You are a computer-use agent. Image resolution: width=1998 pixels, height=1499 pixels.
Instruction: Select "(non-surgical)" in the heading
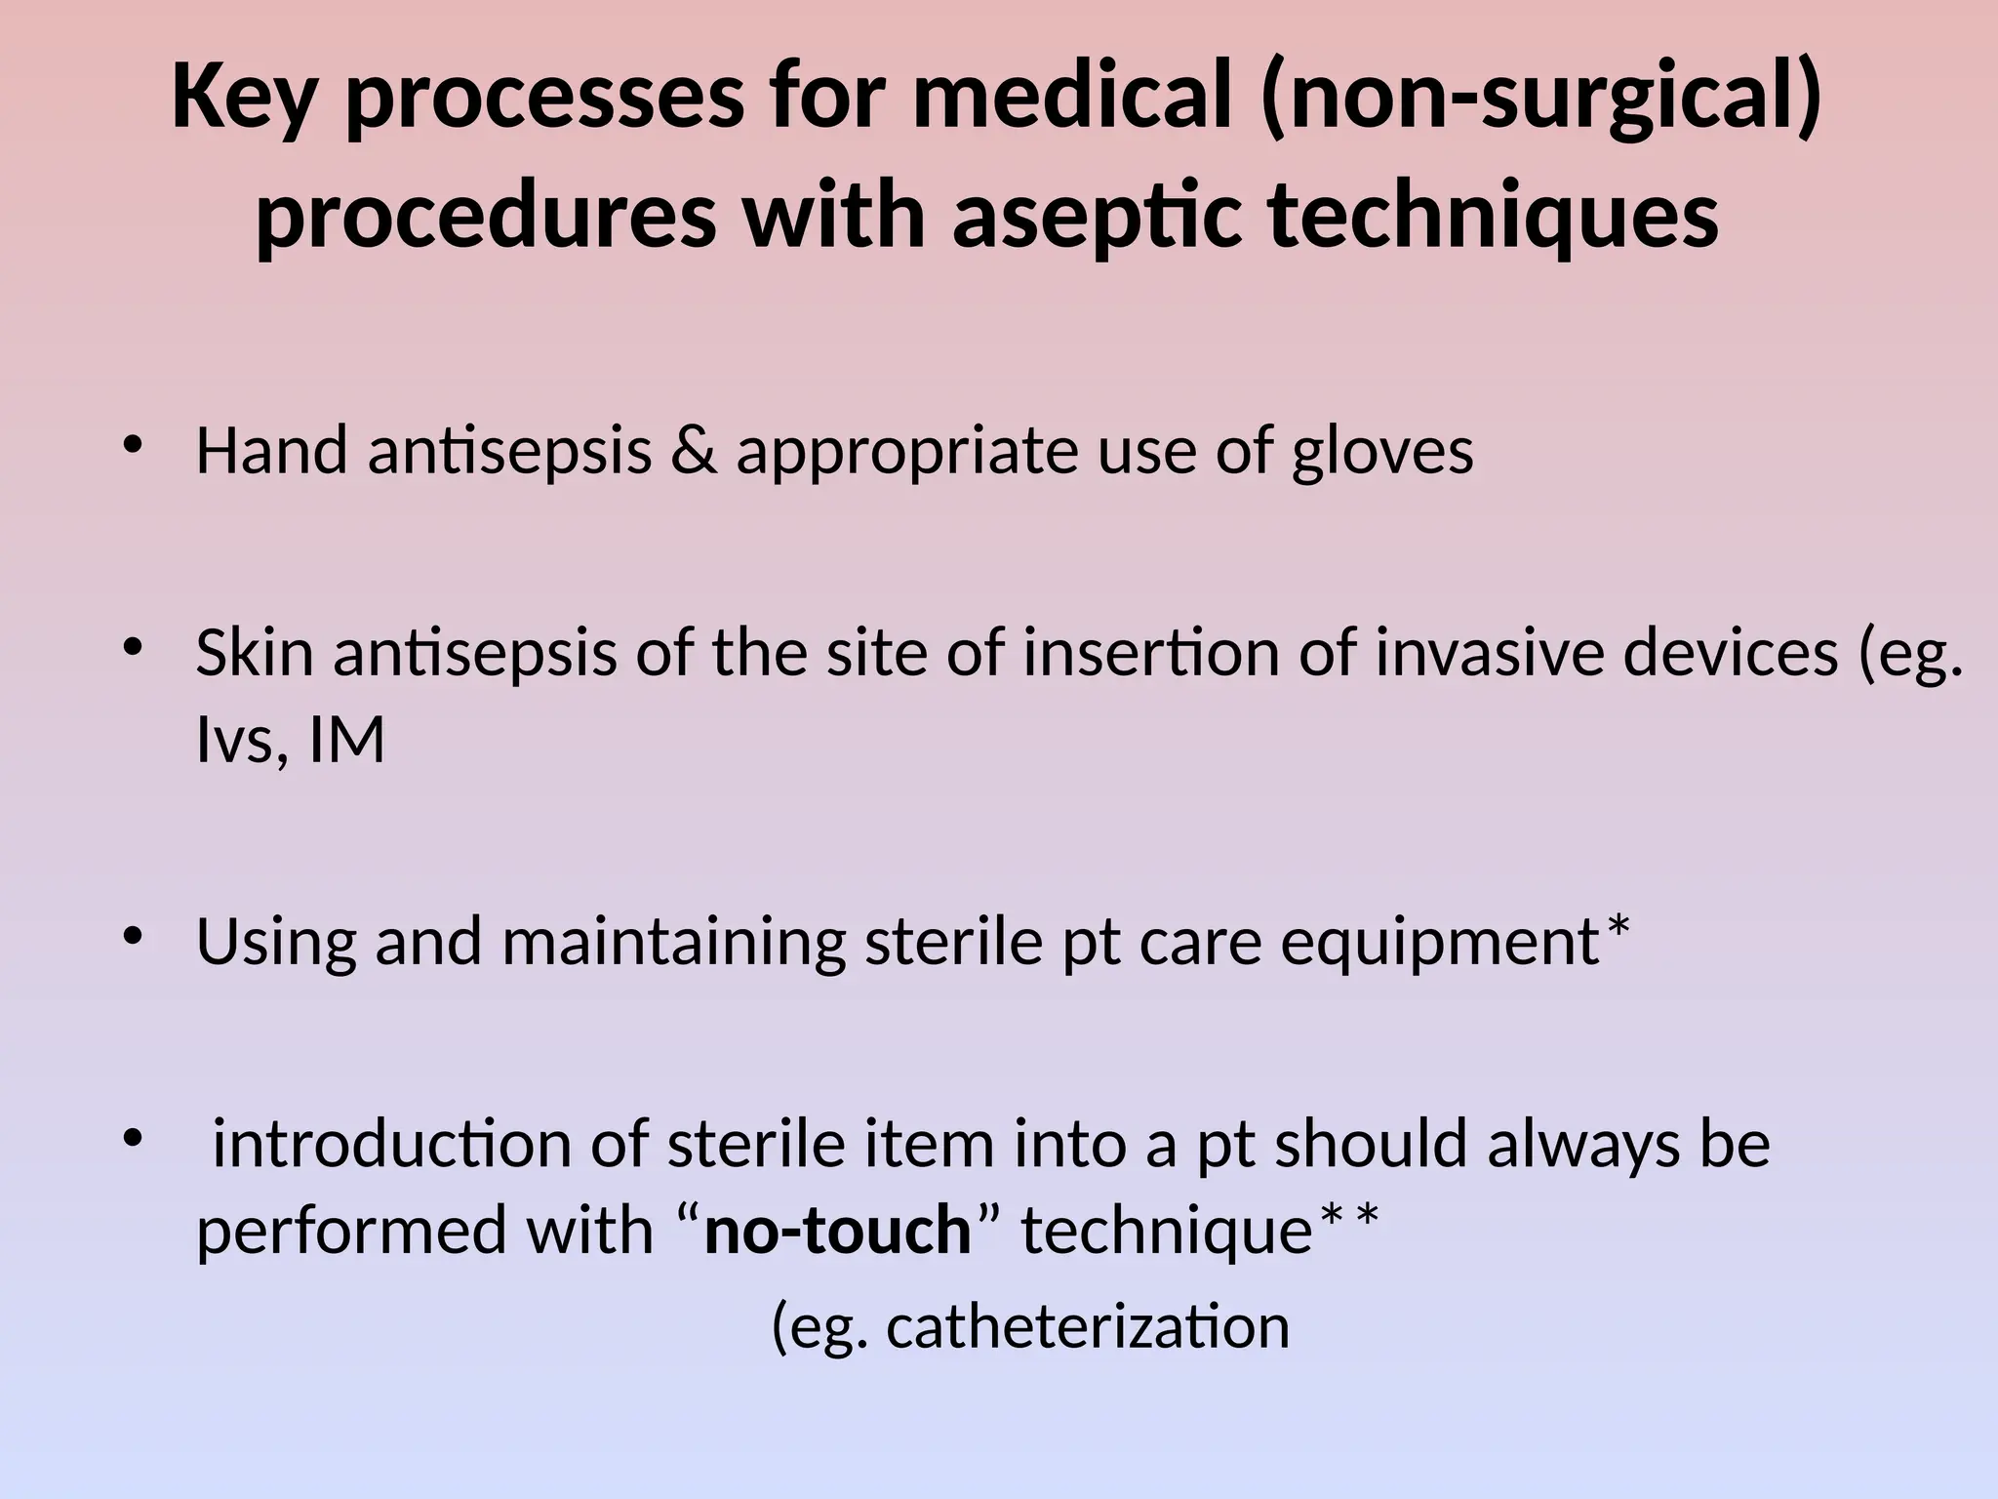click(x=1540, y=101)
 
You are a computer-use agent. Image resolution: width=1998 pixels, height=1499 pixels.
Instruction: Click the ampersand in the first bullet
click(x=694, y=452)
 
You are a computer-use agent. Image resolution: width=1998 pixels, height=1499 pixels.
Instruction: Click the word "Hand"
click(x=271, y=452)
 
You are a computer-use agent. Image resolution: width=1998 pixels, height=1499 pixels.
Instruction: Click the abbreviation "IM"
click(x=347, y=740)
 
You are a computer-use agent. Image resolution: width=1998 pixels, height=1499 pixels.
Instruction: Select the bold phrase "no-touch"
click(x=837, y=1230)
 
